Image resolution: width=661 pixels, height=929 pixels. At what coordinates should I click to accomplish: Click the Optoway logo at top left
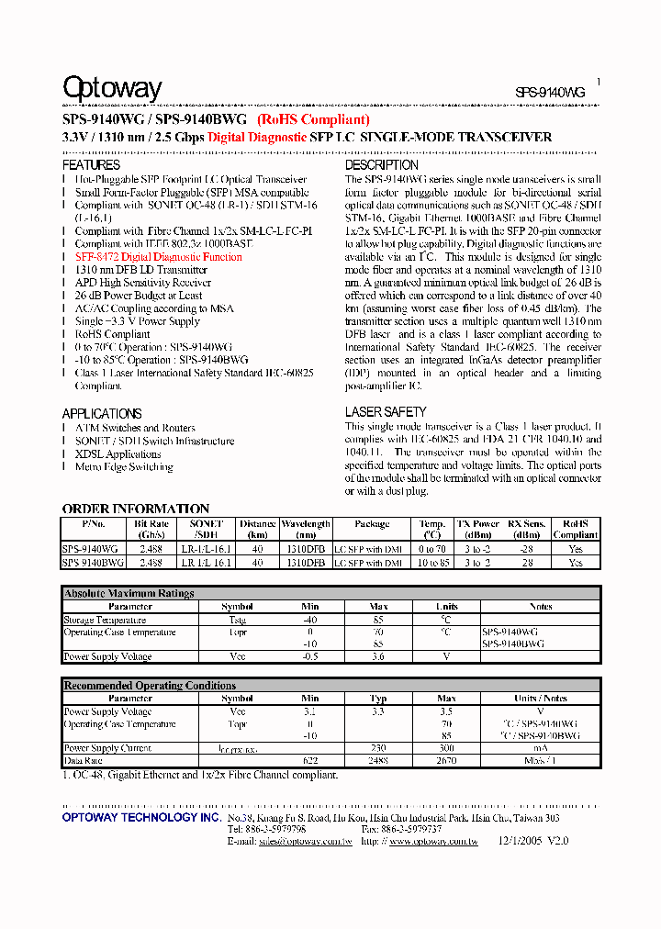111,88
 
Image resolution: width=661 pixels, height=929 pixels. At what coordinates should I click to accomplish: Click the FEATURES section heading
91,165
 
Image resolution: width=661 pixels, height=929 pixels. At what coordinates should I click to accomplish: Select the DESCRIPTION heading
381,165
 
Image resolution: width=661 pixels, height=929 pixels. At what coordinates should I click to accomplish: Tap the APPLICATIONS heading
101,414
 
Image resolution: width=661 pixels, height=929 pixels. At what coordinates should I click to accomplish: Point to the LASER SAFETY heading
386,412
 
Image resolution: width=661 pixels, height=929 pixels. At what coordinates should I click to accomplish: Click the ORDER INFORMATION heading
135,509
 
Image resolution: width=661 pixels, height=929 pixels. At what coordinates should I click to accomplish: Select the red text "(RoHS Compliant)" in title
313,119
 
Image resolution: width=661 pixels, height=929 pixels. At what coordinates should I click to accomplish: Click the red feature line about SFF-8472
158,258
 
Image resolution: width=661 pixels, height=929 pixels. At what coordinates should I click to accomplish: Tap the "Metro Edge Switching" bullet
123,467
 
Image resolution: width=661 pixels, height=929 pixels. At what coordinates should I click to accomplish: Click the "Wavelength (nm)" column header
305,529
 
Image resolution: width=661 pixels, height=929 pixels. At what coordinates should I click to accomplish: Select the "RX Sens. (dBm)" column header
527,529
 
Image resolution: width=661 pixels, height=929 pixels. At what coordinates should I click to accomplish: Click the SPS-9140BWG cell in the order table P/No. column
89,562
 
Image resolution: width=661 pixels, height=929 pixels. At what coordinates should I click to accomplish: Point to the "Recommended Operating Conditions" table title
149,686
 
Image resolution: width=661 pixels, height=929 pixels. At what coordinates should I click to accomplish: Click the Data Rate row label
83,761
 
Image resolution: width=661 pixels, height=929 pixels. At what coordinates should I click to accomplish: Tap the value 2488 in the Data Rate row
378,761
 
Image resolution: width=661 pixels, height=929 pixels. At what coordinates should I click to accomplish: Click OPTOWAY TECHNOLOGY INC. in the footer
140,817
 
